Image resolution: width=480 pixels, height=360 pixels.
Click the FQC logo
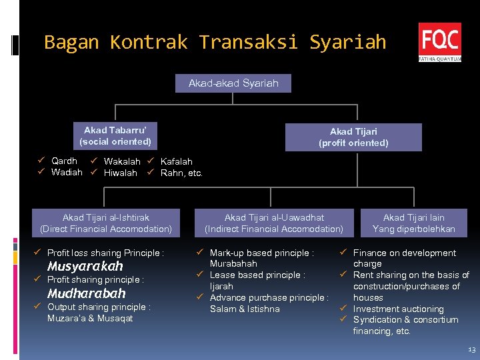coord(439,41)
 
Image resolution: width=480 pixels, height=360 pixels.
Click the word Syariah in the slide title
coord(347,43)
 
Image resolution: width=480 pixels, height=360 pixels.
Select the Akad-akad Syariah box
coord(233,83)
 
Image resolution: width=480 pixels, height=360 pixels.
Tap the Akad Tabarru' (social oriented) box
coord(115,136)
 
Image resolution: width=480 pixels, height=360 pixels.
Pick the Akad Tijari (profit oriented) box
coord(353,137)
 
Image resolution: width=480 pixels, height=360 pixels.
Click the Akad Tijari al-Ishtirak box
coord(106,223)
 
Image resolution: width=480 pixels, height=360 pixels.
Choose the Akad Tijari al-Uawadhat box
coord(274,223)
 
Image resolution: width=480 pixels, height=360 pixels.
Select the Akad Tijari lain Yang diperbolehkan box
coord(413,223)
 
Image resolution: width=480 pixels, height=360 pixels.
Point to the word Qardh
coord(64,161)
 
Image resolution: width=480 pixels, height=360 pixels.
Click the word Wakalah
coord(122,161)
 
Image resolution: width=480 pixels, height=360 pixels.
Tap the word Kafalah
coord(177,161)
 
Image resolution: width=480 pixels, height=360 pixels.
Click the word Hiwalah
coord(121,173)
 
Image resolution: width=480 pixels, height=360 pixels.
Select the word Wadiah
coord(67,172)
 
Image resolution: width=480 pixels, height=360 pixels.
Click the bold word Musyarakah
coord(85,266)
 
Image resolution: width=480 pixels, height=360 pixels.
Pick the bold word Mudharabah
coord(86,293)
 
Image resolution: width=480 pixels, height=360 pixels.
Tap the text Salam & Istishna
coord(245,309)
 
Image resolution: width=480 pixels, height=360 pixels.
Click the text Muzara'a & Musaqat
coord(90,318)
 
